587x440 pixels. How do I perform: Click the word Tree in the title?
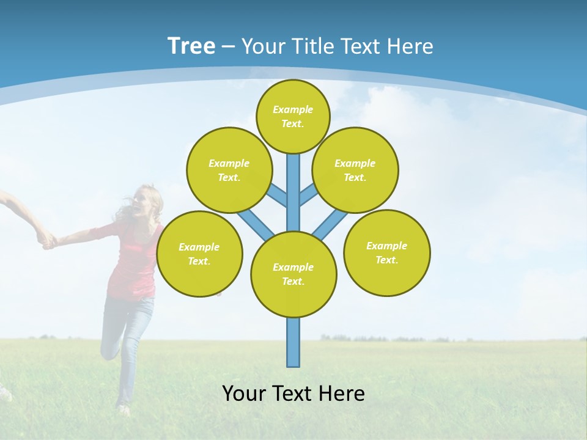coord(191,46)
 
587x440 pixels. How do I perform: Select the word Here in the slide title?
coord(410,46)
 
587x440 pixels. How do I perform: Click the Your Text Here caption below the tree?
coord(293,394)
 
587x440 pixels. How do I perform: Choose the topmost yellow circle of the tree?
coord(293,116)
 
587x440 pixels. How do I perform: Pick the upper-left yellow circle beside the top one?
coord(229,170)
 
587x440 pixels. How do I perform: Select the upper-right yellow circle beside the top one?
coord(355,170)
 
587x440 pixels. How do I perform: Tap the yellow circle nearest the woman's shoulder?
coord(199,254)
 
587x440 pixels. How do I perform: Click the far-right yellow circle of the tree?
coord(386,252)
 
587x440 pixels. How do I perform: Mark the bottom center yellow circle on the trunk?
coord(293,274)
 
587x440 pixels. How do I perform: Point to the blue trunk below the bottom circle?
coord(293,342)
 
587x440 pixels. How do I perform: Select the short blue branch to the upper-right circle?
coord(308,194)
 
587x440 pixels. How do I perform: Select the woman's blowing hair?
coord(125,208)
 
